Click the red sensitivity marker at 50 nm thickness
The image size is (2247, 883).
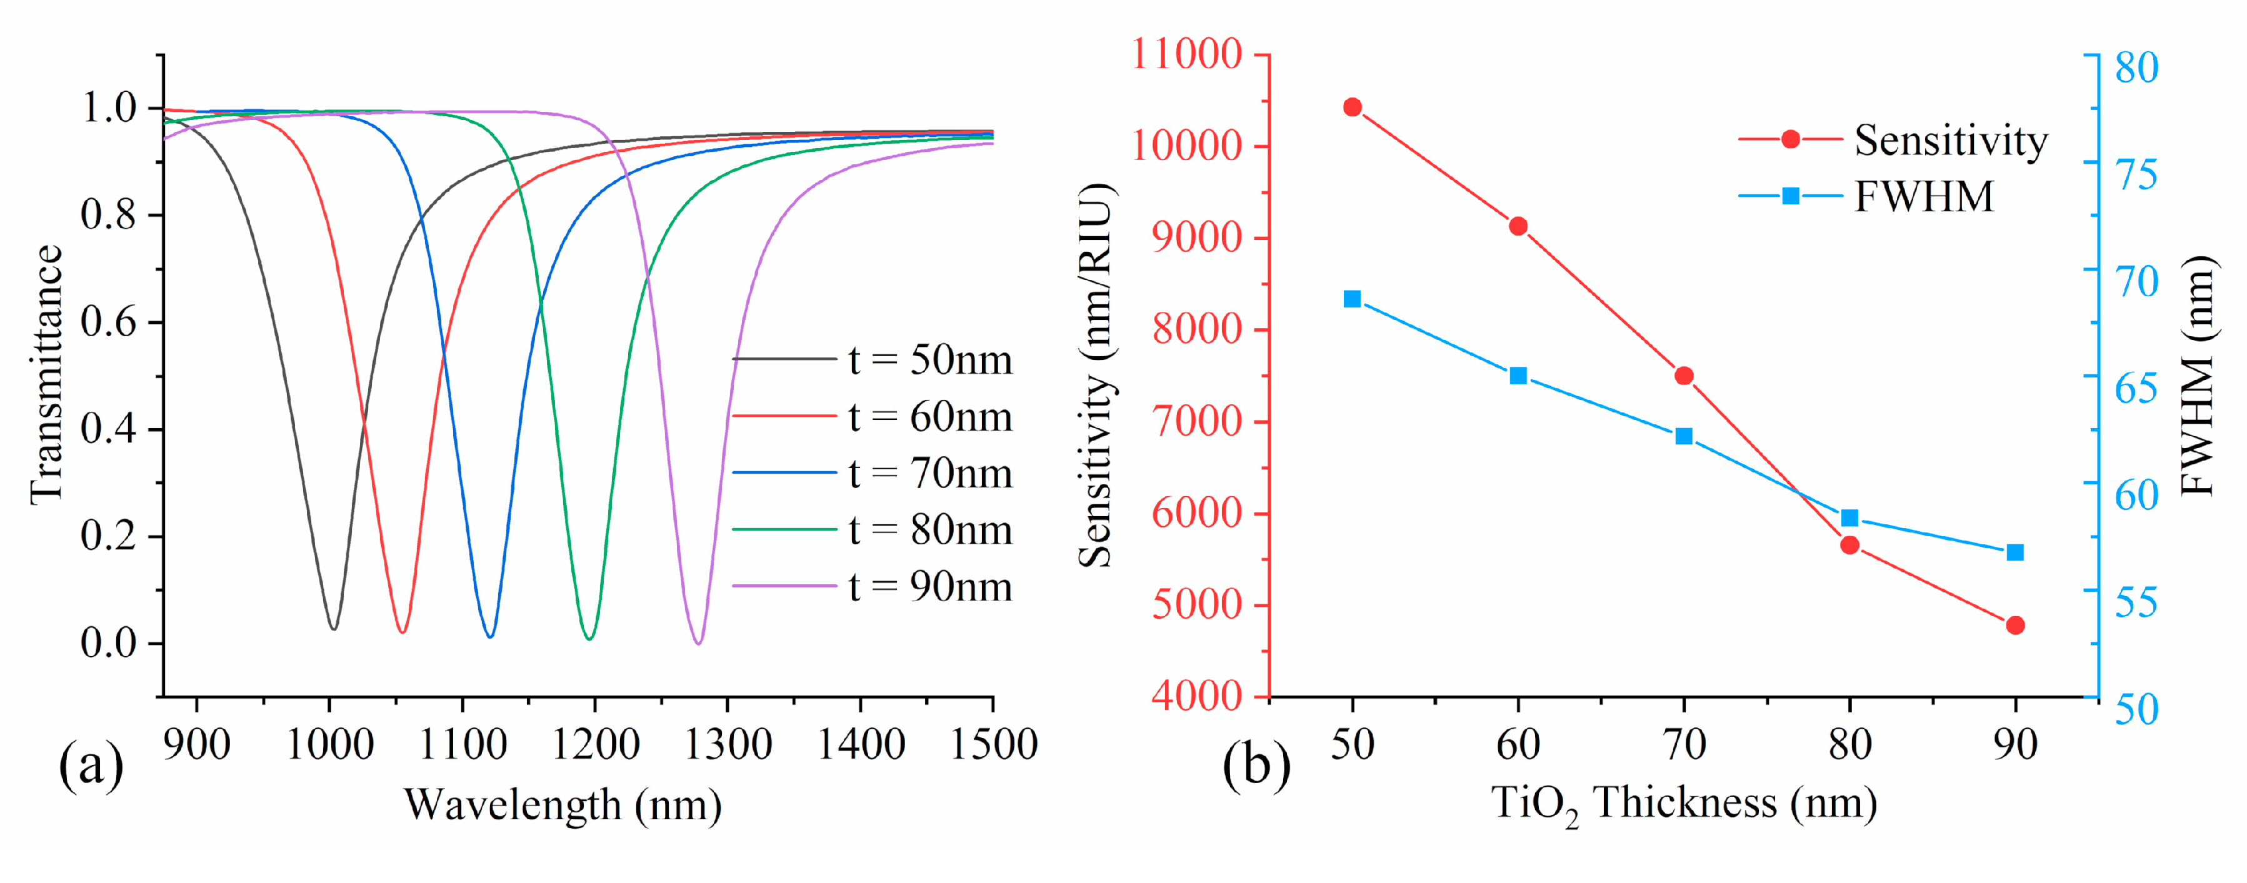click(x=1352, y=107)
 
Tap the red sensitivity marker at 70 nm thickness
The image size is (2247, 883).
click(x=1683, y=376)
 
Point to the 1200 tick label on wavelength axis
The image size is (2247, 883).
click(x=595, y=744)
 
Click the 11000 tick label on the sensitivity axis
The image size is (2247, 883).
click(x=1186, y=54)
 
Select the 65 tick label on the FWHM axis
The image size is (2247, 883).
click(x=2136, y=387)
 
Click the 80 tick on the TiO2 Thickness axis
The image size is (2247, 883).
click(x=1849, y=744)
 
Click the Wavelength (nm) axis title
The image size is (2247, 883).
click(x=563, y=804)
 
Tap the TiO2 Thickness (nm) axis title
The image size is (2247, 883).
click(x=1683, y=804)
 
